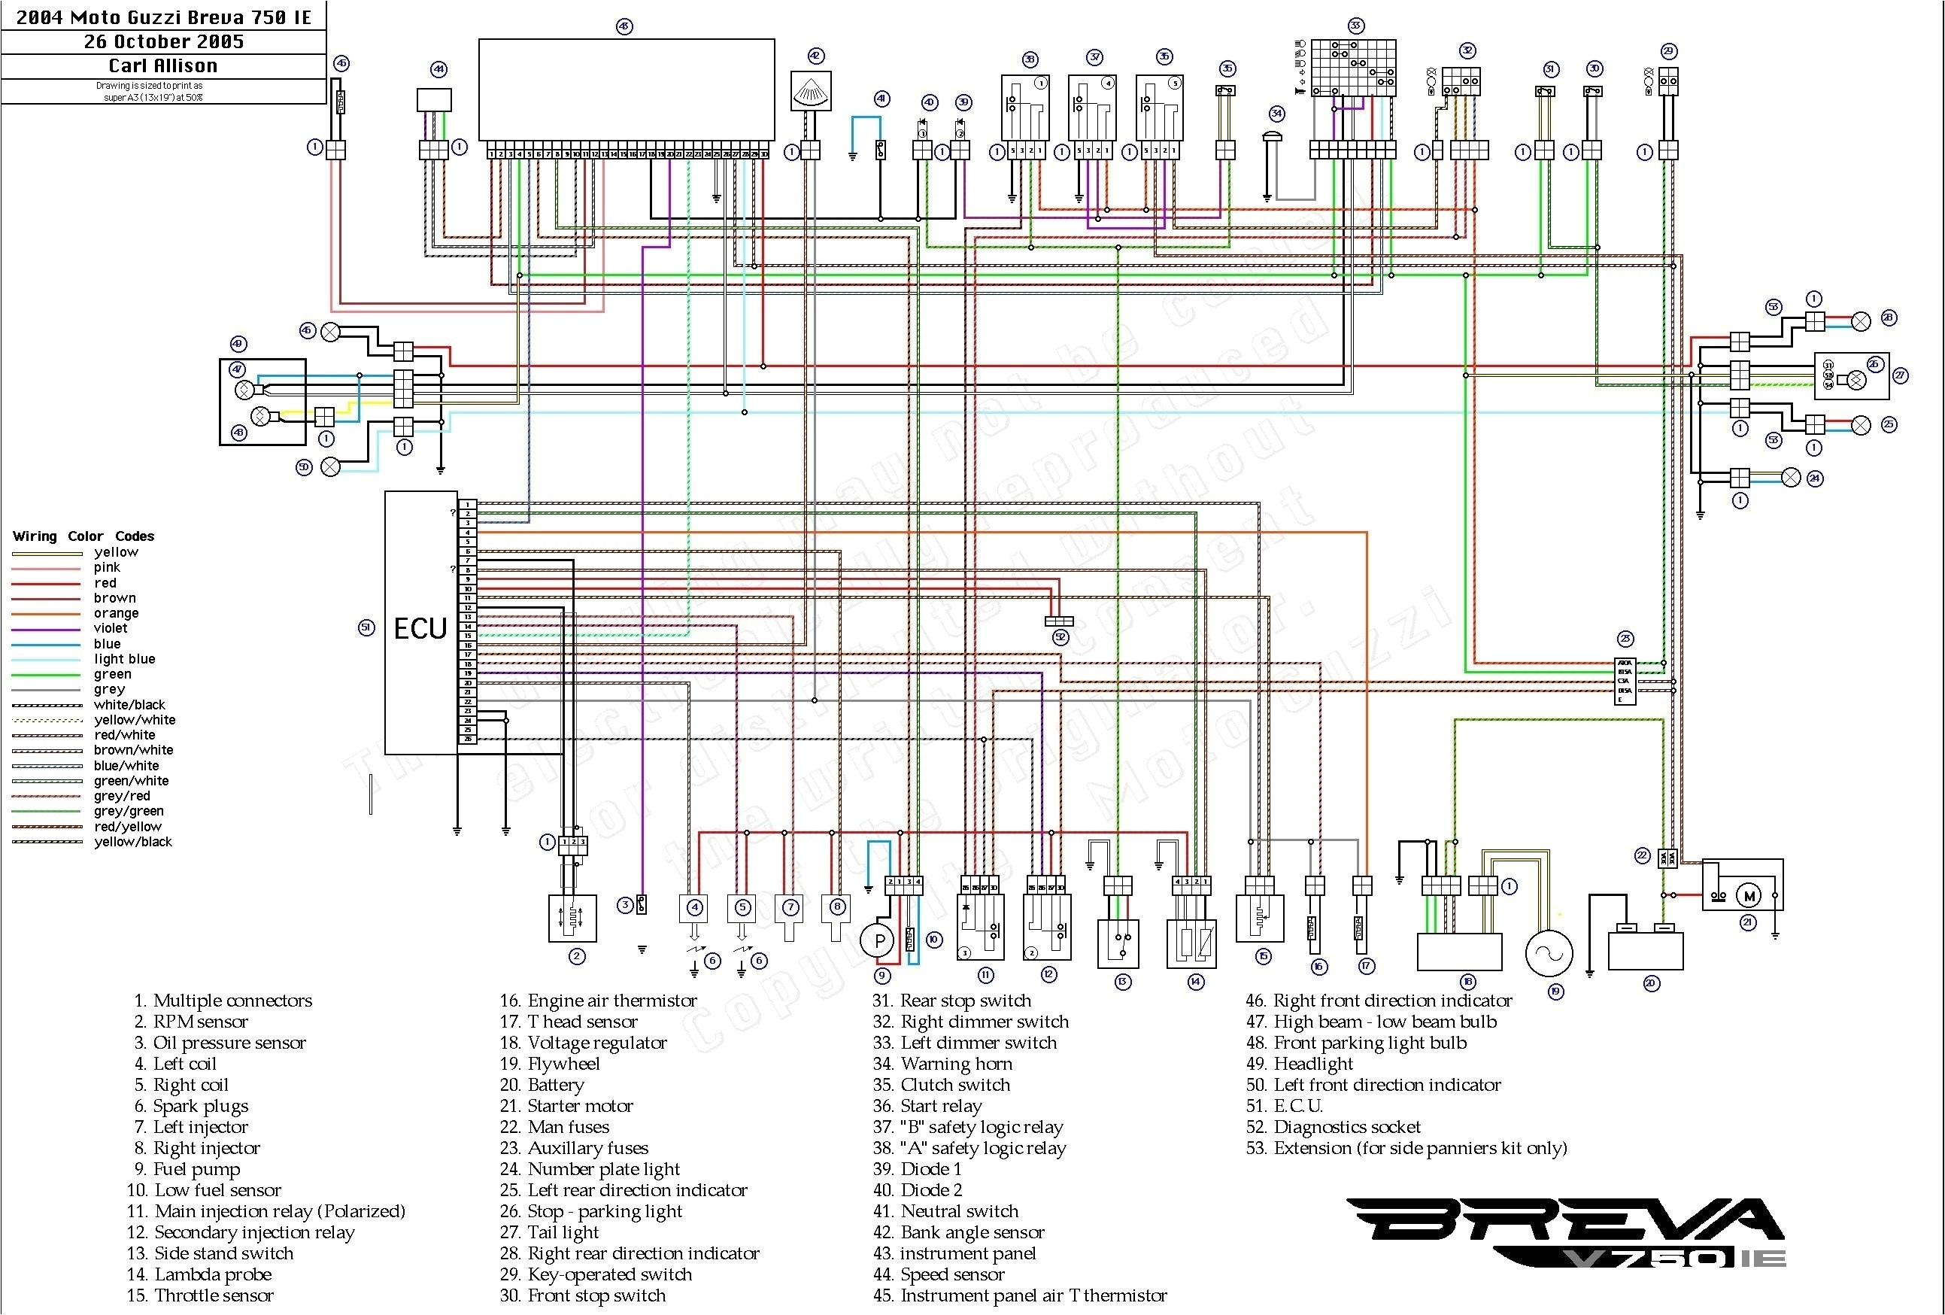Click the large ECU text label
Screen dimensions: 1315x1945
(x=420, y=628)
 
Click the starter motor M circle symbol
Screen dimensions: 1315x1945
(x=1749, y=897)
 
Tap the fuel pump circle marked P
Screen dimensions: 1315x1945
(x=878, y=941)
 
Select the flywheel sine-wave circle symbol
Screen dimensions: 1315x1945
(x=1549, y=952)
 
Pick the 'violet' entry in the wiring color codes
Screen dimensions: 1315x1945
(x=111, y=628)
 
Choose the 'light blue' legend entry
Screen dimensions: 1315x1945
(x=124, y=659)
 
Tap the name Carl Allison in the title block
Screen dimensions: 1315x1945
(x=163, y=65)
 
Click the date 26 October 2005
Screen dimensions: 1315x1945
(x=163, y=41)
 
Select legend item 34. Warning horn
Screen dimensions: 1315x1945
(x=942, y=1063)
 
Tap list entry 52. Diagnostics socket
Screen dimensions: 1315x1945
(x=1334, y=1127)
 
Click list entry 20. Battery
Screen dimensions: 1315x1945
(x=542, y=1085)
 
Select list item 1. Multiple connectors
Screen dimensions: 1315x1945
(x=223, y=1001)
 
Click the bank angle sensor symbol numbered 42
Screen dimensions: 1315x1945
(x=811, y=90)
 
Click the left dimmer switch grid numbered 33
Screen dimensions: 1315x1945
(x=1352, y=68)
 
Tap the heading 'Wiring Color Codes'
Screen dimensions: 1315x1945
(x=83, y=536)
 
